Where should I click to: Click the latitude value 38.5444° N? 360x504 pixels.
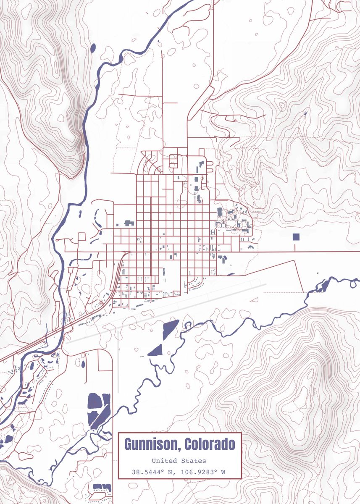154,472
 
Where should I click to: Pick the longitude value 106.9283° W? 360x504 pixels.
203,472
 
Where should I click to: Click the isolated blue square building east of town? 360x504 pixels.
296,237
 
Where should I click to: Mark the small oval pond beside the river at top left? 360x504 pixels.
93,47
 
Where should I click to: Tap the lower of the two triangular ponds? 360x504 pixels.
156,350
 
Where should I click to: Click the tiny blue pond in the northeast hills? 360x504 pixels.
305,113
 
